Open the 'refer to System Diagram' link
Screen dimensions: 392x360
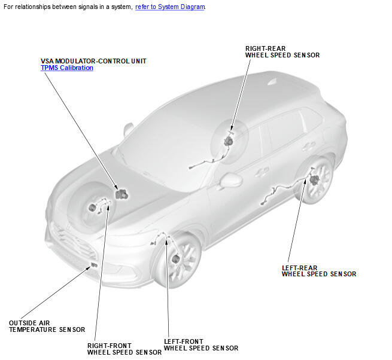pos(170,7)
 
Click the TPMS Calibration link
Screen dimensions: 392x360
pos(67,68)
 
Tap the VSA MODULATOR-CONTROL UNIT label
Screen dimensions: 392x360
pos(93,61)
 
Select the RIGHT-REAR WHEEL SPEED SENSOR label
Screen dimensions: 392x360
pos(282,51)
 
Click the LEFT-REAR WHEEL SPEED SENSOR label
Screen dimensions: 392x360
pos(319,271)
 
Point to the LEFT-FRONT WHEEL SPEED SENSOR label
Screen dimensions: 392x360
pos(201,345)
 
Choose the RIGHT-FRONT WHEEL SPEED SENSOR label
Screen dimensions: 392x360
pos(124,349)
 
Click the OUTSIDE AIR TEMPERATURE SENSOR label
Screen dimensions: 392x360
pos(47,327)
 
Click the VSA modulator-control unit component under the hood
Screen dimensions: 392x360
pos(121,194)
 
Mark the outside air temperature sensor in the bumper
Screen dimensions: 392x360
pos(94,265)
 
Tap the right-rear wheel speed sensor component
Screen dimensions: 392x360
pos(228,141)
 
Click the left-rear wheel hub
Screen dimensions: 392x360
pos(314,179)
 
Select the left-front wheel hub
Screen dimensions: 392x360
pos(176,259)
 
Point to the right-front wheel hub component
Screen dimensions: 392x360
pos(92,208)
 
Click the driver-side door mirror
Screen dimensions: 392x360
pos(231,180)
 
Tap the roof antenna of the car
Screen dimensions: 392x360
pos(272,82)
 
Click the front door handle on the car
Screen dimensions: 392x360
pos(262,171)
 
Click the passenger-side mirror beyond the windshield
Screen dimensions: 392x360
pos(128,129)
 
